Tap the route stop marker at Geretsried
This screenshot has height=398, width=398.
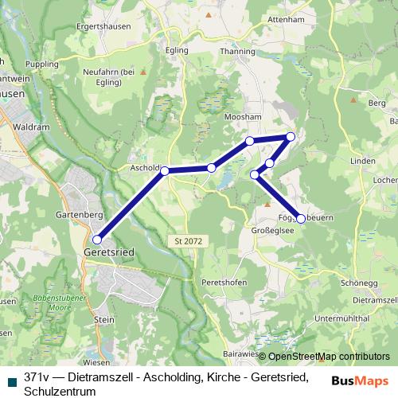[97, 239]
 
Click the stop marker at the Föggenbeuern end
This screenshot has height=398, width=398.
[301, 217]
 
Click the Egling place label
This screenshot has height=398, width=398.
[178, 50]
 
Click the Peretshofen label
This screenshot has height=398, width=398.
[224, 283]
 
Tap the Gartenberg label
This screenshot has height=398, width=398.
[76, 216]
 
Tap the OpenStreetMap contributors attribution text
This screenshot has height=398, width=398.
[328, 357]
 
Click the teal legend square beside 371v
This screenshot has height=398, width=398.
[9, 381]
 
